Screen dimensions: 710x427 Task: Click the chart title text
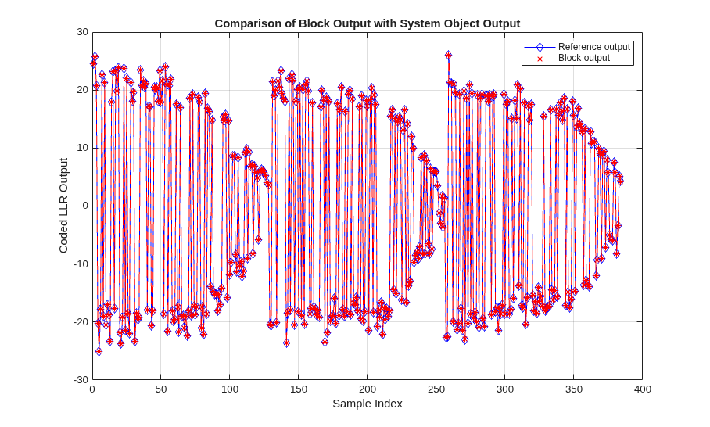[x=368, y=23]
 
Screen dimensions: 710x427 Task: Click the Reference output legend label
[x=594, y=47]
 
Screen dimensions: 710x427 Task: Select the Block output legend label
[x=583, y=58]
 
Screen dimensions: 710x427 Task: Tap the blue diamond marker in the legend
[x=540, y=47]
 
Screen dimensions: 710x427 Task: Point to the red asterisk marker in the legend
[x=540, y=59]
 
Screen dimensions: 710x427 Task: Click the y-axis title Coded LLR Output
[x=63, y=206]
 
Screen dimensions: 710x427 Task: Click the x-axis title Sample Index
[x=368, y=404]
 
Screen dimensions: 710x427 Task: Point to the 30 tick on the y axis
[x=82, y=32]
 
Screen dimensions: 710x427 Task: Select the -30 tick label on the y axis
[x=81, y=379]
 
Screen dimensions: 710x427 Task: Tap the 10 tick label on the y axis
[x=82, y=148]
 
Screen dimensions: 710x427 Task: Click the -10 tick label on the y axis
[x=81, y=264]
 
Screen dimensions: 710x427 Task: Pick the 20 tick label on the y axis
[x=82, y=90]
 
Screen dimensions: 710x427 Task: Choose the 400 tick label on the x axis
[x=642, y=389]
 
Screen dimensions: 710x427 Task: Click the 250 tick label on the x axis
[x=436, y=389]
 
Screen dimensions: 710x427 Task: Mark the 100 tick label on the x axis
[x=230, y=389]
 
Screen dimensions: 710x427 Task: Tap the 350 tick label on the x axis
[x=573, y=389]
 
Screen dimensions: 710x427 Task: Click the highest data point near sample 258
[x=448, y=56]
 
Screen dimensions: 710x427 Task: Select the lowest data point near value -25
[x=99, y=351]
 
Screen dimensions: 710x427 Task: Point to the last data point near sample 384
[x=620, y=181]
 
